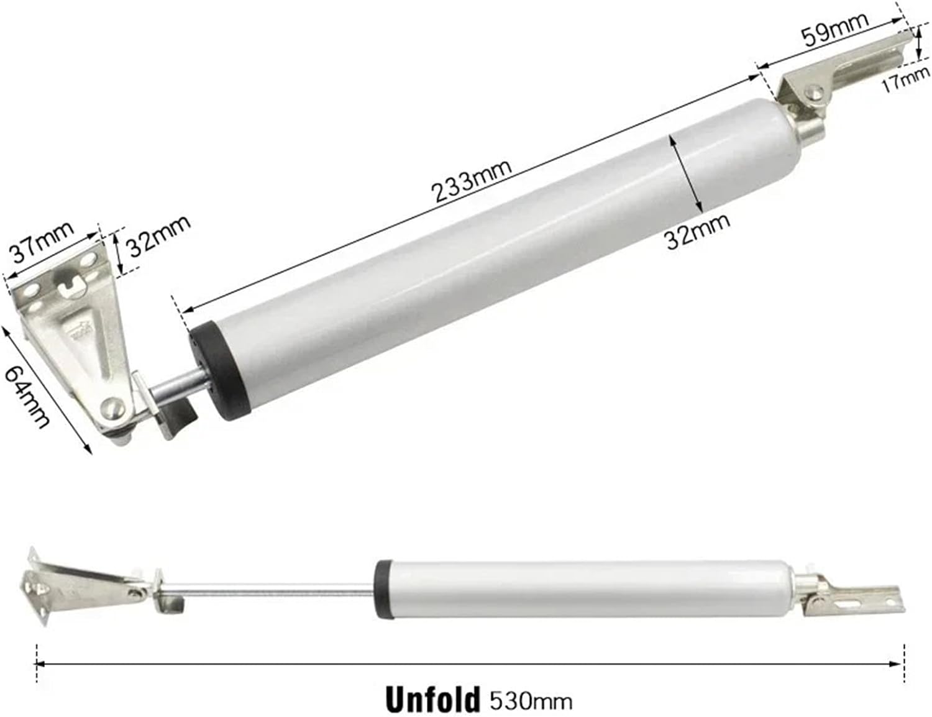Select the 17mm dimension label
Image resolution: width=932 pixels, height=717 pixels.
(906, 80)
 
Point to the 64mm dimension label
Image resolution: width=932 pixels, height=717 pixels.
(27, 396)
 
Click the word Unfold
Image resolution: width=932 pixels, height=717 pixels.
(433, 700)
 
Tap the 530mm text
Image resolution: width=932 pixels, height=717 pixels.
(531, 701)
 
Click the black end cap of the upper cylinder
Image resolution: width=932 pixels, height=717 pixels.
(220, 370)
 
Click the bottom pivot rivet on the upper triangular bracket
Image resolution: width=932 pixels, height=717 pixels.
(114, 408)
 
